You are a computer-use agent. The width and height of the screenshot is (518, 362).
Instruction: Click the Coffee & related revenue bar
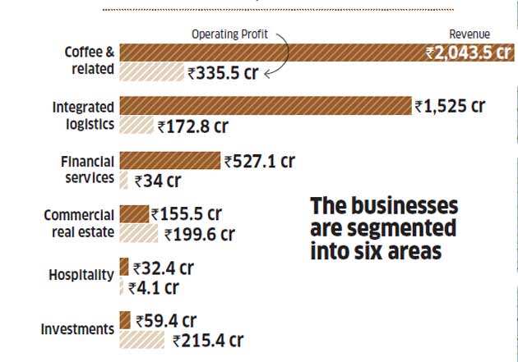[x=271, y=53]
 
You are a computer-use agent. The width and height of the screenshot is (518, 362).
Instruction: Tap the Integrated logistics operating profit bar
[x=136, y=126]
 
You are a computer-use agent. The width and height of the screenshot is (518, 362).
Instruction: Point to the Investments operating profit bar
[x=144, y=339]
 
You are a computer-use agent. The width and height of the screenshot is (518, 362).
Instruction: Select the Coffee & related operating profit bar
[x=151, y=72]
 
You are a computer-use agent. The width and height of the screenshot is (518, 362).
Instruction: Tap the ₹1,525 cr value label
[x=450, y=107]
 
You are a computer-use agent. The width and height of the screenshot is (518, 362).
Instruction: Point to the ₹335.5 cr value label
[x=223, y=73]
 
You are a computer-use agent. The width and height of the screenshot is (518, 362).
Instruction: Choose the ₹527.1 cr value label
[x=259, y=162]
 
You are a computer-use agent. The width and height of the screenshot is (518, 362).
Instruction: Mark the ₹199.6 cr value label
[x=199, y=235]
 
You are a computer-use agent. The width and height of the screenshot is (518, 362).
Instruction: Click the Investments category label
[x=77, y=329]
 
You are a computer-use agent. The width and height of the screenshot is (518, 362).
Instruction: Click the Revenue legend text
[x=469, y=34]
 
